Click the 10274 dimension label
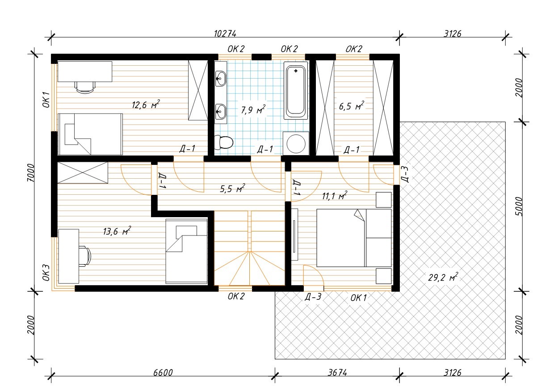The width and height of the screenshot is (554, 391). (x=225, y=34)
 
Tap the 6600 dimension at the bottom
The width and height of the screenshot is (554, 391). (x=163, y=372)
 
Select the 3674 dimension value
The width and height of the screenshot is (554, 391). (x=337, y=372)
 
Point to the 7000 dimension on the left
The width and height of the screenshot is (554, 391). (x=31, y=172)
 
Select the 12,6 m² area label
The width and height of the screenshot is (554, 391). (x=146, y=105)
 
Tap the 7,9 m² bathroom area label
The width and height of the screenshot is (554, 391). (x=253, y=109)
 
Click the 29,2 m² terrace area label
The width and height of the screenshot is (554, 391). (x=443, y=277)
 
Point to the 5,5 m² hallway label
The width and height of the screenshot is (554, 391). (x=232, y=189)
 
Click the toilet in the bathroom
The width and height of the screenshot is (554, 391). (x=223, y=142)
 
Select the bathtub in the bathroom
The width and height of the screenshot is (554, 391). (x=296, y=91)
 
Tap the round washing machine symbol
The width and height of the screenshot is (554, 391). (x=296, y=144)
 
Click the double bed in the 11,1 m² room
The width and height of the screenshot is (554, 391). (x=354, y=238)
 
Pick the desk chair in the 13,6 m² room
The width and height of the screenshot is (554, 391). (x=85, y=256)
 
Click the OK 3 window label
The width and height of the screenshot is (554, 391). (x=46, y=273)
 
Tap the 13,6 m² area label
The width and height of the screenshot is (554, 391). (x=117, y=231)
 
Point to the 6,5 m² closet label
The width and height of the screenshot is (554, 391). (x=352, y=106)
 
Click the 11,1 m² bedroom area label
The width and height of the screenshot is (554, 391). (x=335, y=196)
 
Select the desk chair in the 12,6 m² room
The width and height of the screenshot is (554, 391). (x=85, y=87)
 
